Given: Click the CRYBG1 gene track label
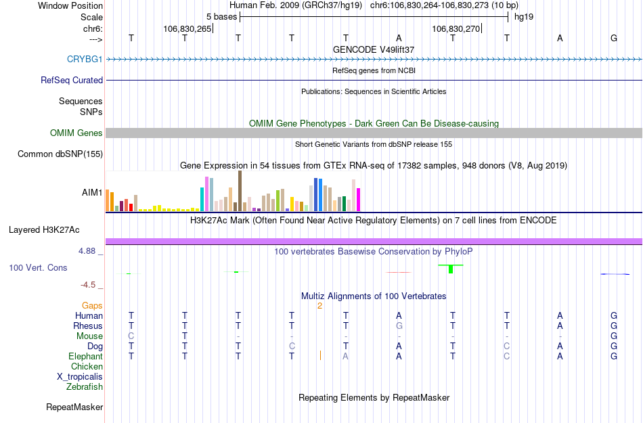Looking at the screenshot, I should (x=85, y=59).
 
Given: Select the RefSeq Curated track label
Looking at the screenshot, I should (x=72, y=80).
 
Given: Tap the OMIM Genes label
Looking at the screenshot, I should (x=76, y=133).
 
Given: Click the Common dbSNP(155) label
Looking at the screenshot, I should (x=60, y=154).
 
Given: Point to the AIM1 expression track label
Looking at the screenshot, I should (x=92, y=192).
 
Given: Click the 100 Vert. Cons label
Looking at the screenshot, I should (x=38, y=268).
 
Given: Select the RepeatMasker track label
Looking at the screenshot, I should (x=74, y=407).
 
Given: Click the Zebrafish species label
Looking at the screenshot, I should (x=85, y=387).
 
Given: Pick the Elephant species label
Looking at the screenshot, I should (x=85, y=356).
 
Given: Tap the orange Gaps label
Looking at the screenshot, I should (x=92, y=306).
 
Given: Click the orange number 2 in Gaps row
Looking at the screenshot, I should (x=319, y=306).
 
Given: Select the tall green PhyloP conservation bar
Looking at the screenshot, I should (x=451, y=269).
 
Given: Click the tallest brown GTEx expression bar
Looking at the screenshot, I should (x=240, y=192).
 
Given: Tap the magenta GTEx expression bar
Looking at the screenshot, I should (x=359, y=200).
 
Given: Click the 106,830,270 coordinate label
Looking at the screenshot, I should (x=456, y=28).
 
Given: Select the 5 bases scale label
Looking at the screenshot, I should (x=221, y=16).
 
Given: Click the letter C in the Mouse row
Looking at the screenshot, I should (x=131, y=336).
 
